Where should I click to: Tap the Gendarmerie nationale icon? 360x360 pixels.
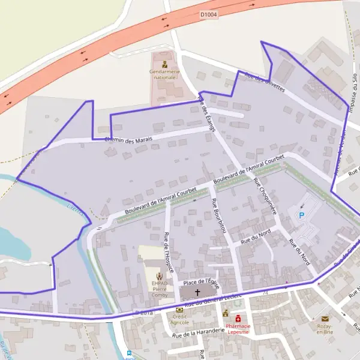coord(163,64)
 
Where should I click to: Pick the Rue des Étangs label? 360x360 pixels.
coord(206,115)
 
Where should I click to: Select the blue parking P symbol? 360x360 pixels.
coord(302,215)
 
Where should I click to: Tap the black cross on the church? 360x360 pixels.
coord(197,292)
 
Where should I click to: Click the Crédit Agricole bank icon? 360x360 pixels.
coord(179,310)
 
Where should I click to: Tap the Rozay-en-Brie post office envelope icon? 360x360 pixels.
coord(325,319)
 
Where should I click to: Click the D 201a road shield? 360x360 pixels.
coord(144,313)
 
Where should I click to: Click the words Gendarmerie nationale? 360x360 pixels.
coord(163,75)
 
